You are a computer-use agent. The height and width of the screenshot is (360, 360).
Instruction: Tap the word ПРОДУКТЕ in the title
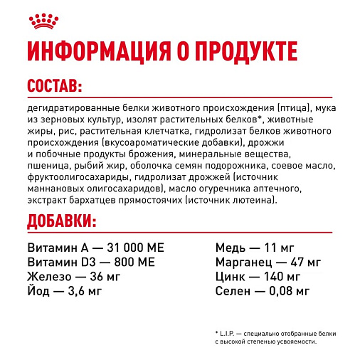coord(229,53)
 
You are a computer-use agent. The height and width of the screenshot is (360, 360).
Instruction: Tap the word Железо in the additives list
coord(49,277)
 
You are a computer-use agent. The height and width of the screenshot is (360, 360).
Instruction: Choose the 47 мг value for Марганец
coord(300,263)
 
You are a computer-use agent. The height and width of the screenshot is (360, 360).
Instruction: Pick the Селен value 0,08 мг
coord(287,291)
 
